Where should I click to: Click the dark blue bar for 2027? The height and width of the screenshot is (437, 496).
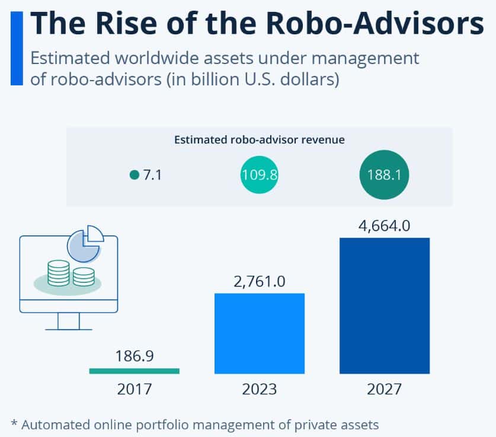384,305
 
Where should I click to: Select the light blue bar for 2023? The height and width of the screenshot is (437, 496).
259,333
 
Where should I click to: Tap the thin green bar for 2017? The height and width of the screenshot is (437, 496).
134,371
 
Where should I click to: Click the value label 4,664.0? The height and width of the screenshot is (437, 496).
384,226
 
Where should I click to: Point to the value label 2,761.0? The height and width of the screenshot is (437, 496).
259,281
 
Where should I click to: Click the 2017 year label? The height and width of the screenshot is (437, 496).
134,390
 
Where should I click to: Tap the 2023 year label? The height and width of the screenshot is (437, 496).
259,390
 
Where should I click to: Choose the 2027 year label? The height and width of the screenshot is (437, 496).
384,390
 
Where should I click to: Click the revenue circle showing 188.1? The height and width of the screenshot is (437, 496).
384,175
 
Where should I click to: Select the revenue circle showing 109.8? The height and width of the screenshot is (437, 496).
260,175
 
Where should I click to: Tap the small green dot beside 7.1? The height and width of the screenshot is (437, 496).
134,175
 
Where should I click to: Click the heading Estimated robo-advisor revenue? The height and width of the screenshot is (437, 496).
260,140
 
